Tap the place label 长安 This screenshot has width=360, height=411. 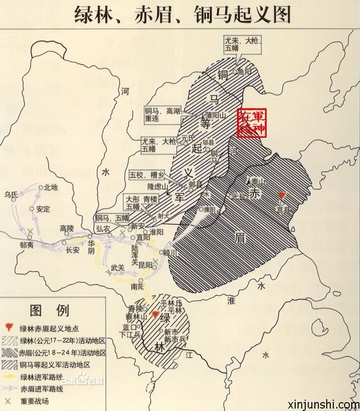click(73, 249)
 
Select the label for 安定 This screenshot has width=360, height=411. click(43, 209)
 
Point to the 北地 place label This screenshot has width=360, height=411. click(51, 187)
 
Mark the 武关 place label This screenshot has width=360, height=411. click(118, 268)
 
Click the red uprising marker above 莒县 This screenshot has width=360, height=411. click(282, 195)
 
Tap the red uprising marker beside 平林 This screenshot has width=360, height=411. click(155, 315)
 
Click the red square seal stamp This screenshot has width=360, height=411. click(252, 122)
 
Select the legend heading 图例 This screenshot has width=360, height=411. click(50, 311)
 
